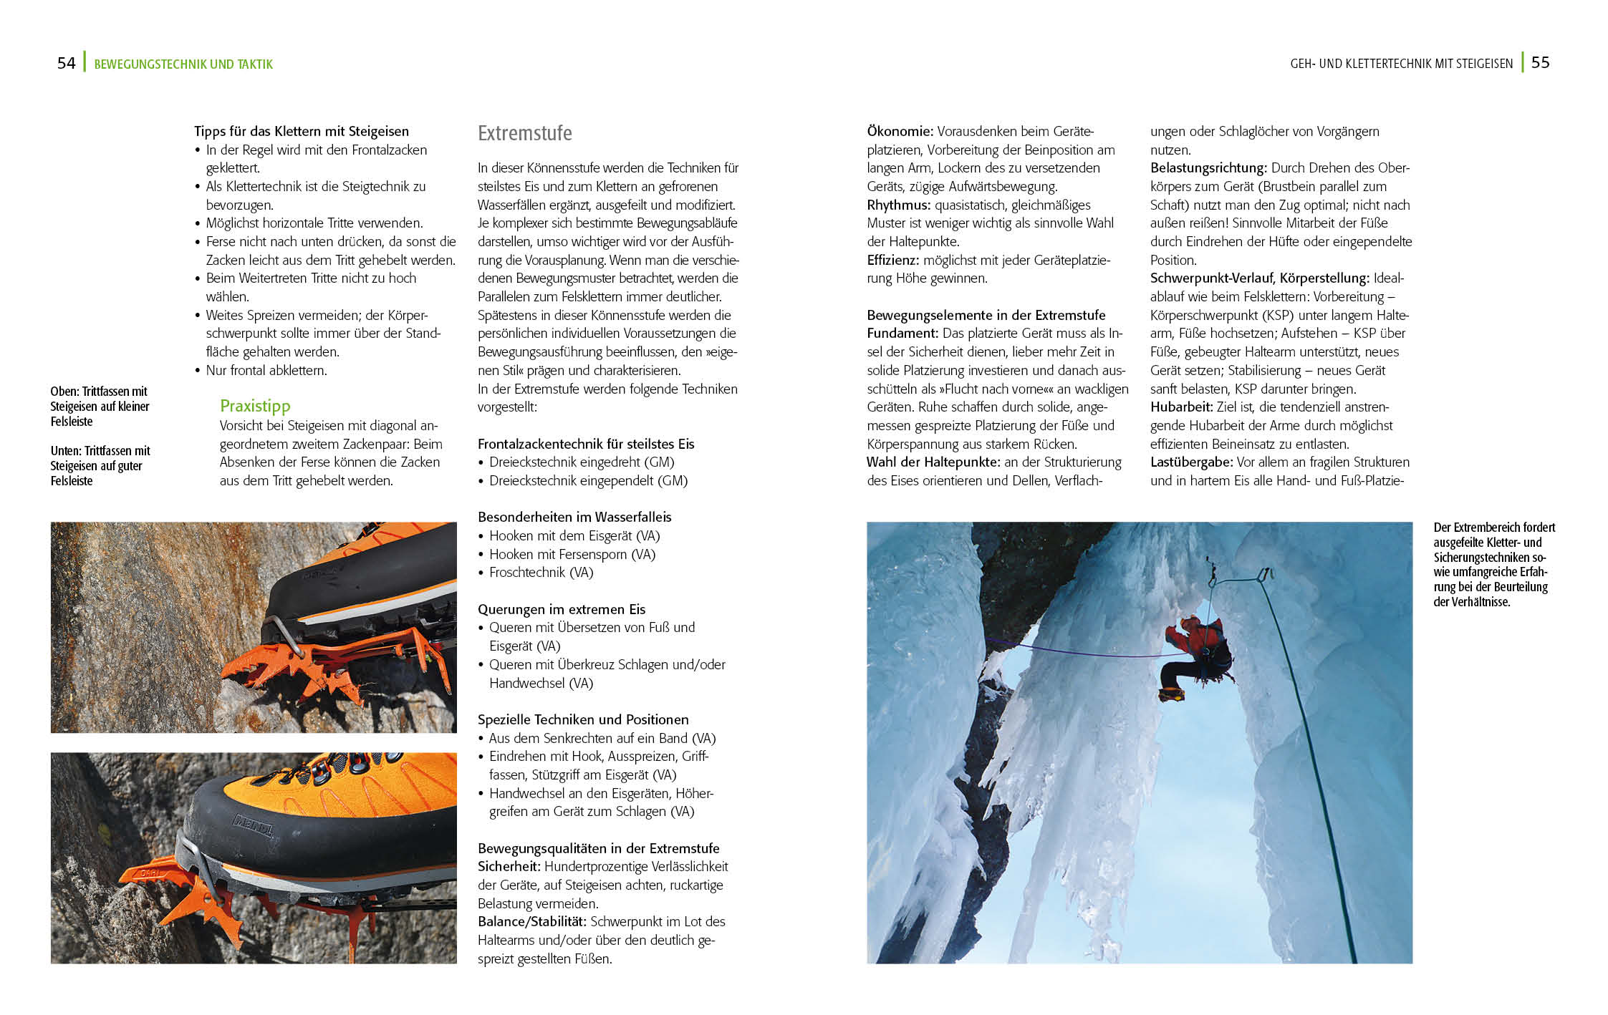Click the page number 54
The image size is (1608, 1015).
[x=66, y=63]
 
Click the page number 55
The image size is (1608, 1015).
[x=1540, y=62]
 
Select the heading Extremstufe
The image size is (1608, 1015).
[x=524, y=133]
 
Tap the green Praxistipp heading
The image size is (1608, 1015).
[x=255, y=406]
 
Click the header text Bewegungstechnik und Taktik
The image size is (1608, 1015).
[x=183, y=64]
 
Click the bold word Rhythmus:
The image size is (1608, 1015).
[x=898, y=205]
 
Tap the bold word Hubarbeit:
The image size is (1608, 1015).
[x=1181, y=407]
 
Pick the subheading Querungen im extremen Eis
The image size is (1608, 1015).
[x=562, y=609]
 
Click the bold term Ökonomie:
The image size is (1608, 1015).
[x=900, y=131]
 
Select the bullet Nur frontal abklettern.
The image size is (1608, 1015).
[x=266, y=370]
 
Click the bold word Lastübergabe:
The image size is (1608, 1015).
[x=1191, y=462]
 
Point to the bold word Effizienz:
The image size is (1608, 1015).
[x=892, y=260]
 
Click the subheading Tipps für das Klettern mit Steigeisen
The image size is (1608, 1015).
[x=301, y=131]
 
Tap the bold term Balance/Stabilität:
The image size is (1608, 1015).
[x=531, y=921]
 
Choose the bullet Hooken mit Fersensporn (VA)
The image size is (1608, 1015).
[x=572, y=554]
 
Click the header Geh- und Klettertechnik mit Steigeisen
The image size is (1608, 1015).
[x=1401, y=64]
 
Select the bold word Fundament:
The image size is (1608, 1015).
[x=902, y=333]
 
